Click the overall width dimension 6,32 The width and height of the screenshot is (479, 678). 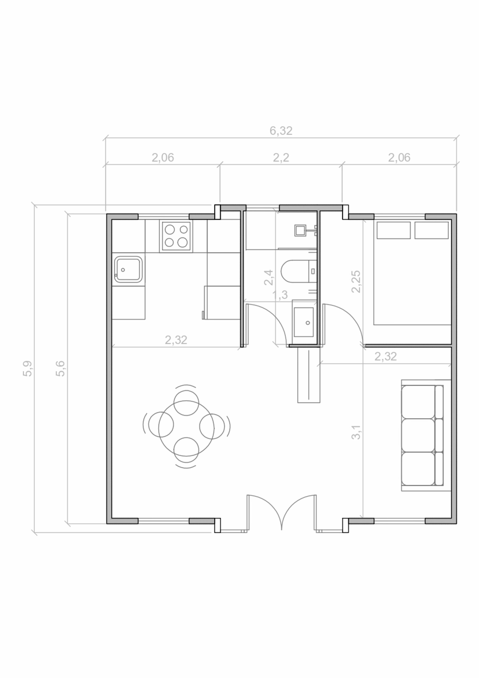pos(281,131)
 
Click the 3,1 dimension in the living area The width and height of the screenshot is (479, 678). pos(356,432)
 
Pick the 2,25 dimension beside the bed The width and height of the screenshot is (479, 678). pos(356,282)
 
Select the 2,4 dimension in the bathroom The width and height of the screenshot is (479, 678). pos(269,278)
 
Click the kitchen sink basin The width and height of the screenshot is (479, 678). pos(128,270)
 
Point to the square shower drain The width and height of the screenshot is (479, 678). pos(299,230)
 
